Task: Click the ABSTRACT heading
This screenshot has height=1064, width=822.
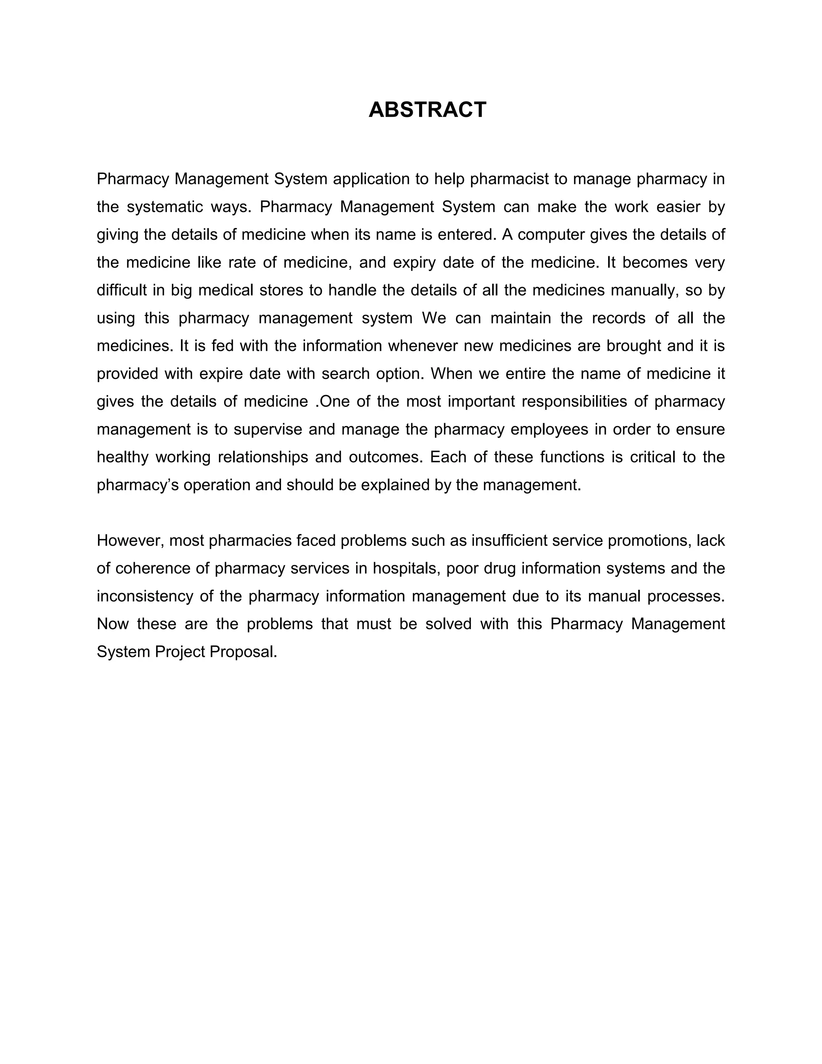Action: [427, 110]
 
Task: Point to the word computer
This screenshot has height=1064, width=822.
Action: [551, 235]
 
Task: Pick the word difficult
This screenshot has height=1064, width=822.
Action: [122, 290]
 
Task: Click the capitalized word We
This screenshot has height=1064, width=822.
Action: [434, 318]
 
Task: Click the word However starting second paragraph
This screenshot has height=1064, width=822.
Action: [130, 541]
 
